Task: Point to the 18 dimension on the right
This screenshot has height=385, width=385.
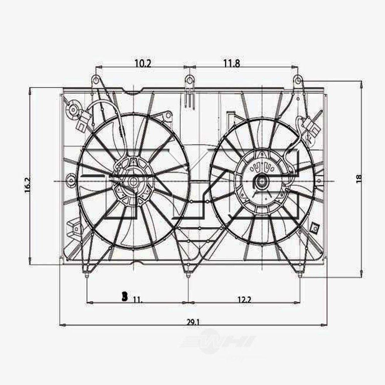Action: (359, 178)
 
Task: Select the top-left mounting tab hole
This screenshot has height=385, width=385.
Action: (95, 80)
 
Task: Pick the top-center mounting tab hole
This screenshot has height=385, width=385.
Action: (189, 80)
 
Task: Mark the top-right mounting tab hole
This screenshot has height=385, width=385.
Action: (297, 80)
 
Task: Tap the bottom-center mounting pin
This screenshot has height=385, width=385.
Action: (187, 275)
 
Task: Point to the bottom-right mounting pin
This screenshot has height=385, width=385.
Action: (300, 275)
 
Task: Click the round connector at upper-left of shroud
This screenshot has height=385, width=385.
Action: (72, 109)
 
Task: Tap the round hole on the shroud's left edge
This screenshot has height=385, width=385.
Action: (71, 179)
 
